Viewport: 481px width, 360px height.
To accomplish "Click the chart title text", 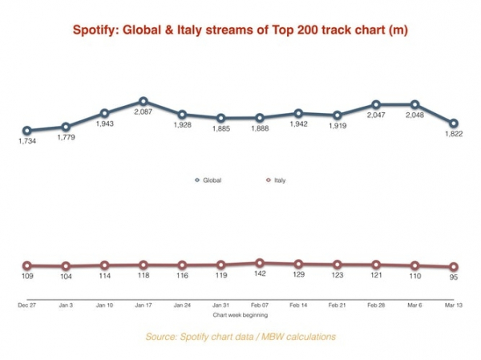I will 240,30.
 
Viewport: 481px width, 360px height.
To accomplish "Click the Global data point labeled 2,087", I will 143,102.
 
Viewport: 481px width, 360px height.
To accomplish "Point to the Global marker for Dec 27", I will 26,131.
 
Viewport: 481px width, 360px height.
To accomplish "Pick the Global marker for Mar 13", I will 454,123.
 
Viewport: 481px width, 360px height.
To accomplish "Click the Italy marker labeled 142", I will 260,263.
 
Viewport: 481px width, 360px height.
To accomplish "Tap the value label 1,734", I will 27,143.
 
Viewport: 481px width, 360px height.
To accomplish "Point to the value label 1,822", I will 455,136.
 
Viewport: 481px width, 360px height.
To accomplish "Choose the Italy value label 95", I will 455,278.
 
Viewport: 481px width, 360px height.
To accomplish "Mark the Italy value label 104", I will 66,277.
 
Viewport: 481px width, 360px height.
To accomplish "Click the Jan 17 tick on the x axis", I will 143,305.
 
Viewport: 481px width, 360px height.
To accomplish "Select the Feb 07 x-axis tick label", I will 260,305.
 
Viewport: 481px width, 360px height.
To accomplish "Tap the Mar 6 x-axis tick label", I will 415,305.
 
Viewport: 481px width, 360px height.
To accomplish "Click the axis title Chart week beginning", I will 240,316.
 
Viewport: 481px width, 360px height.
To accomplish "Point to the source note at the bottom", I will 240,337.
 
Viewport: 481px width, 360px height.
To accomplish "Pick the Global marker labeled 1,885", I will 220,118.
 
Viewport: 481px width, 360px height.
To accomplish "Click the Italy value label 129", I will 298,275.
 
